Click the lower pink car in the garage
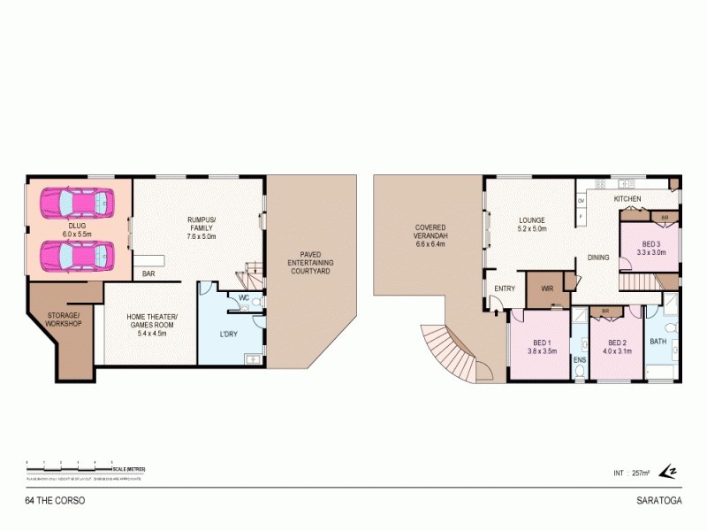pyautogui.click(x=78, y=256)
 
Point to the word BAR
pyautogui.click(x=148, y=274)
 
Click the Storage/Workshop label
pyautogui.click(x=64, y=319)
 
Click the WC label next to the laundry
pyautogui.click(x=244, y=298)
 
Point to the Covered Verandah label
pyautogui.click(x=430, y=237)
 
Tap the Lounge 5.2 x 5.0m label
pyautogui.click(x=531, y=224)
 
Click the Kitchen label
pyautogui.click(x=627, y=199)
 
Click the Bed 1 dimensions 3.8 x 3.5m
pyautogui.click(x=542, y=350)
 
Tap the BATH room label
pyautogui.click(x=658, y=341)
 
